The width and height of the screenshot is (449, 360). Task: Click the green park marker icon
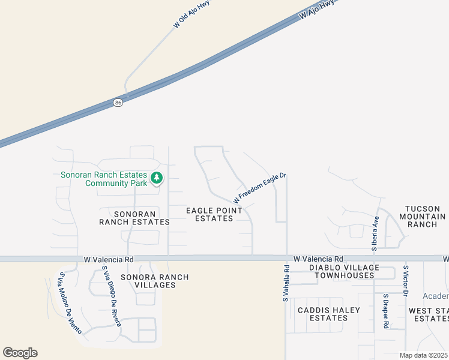click(157, 178)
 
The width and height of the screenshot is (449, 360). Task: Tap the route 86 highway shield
click(118, 103)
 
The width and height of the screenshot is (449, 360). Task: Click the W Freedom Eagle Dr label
click(260, 187)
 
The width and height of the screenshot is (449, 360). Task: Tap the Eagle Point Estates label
click(214, 214)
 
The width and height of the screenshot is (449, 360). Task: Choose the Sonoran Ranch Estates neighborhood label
click(134, 217)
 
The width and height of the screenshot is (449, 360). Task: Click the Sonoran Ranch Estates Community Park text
click(104, 179)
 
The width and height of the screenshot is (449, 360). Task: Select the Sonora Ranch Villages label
click(155, 281)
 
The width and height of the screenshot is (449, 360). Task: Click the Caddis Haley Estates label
click(329, 314)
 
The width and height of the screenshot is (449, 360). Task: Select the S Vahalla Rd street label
click(287, 283)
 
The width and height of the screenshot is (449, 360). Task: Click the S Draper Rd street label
click(386, 311)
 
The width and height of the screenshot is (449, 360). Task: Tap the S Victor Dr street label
click(406, 281)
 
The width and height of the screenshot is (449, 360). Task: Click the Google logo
click(20, 353)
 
